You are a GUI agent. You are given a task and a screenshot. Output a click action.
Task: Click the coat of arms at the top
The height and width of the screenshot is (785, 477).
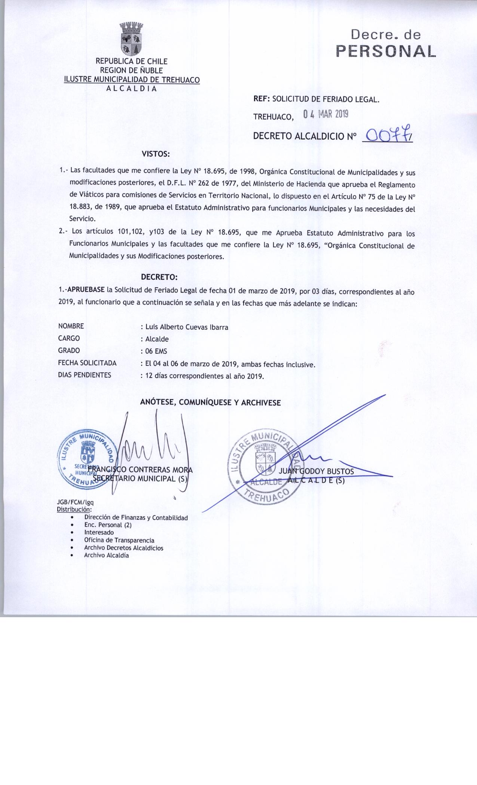131,39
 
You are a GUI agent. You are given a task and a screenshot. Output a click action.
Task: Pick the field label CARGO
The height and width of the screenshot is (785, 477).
69,338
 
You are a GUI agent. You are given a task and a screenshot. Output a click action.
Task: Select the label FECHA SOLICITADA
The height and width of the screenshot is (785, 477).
87,363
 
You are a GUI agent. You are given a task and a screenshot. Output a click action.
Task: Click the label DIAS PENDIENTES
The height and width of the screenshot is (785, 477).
85,375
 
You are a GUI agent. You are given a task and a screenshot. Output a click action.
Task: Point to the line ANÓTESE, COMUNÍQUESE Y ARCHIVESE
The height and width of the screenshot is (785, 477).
210,403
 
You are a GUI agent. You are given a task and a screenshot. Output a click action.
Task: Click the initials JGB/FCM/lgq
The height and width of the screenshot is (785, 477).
73,503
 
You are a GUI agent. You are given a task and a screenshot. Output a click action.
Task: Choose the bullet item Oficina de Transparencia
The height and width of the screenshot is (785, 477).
119,540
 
